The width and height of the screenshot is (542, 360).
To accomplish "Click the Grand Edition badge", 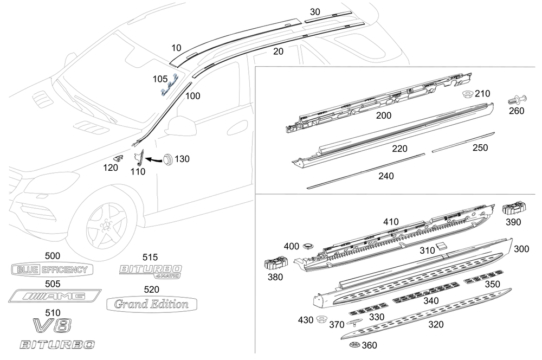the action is [152, 304].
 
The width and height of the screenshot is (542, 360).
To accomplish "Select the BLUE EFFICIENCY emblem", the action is [52, 269].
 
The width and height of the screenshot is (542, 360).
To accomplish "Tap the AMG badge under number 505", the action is [55, 296].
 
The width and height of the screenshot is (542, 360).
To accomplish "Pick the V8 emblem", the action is [53, 325].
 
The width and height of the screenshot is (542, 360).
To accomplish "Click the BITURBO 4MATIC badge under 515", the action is [151, 271].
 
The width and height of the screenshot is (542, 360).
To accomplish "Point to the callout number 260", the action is [517, 111].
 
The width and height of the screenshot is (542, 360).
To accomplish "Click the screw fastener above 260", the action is [517, 100].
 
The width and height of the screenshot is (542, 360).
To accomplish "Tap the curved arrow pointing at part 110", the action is [154, 160].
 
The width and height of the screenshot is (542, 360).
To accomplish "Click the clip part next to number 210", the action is [468, 94].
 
